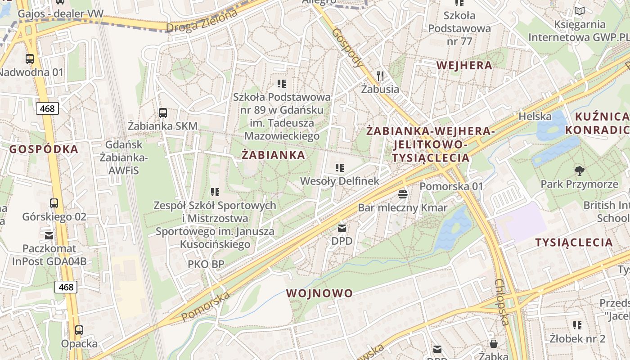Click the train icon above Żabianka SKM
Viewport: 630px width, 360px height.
coord(163,113)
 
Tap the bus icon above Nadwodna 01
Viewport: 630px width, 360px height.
coord(30,59)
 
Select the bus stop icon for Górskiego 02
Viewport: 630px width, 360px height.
coord(54,203)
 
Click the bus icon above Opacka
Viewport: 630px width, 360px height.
coord(79,330)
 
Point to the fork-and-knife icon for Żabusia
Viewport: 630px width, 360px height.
coord(381,76)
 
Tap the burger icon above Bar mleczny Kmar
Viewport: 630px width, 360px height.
coord(403,194)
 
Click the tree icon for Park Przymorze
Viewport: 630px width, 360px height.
coord(580,171)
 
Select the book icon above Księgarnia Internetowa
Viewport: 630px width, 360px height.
coord(580,11)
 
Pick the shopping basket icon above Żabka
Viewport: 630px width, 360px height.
coord(494,344)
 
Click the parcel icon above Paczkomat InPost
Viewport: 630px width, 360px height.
coord(49,235)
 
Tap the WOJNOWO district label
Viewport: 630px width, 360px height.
coord(319,293)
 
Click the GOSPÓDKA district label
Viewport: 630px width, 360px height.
coord(44,149)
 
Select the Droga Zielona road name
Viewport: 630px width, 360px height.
coord(202,22)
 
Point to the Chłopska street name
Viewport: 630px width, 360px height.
coord(502,301)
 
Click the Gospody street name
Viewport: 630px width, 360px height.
coord(348,48)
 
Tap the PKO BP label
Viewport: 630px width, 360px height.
coord(206,264)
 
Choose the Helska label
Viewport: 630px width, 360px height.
coord(535,117)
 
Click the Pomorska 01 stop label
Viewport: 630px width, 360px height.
coord(451,186)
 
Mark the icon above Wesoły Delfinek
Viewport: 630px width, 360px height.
coord(340,168)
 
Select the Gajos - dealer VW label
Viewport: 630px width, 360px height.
coord(60,14)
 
